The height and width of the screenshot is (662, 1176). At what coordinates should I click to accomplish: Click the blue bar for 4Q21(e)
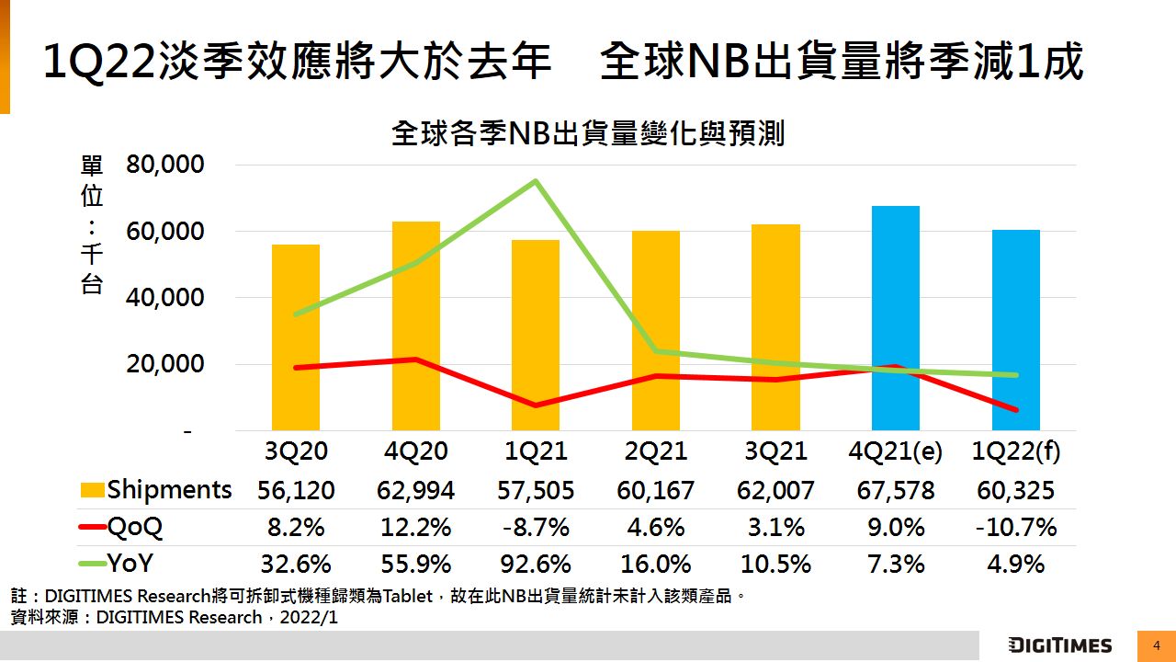coord(895,318)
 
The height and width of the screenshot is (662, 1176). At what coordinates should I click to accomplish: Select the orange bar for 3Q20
coord(296,337)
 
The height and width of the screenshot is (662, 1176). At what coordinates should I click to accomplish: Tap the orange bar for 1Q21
coord(536,336)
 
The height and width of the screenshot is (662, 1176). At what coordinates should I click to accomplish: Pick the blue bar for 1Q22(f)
coord(1015,330)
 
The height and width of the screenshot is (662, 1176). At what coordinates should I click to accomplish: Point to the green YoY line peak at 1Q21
coord(536,181)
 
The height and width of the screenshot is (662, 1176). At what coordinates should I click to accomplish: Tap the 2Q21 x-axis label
coord(656,452)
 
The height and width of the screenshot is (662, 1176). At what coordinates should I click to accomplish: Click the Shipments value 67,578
coord(896,490)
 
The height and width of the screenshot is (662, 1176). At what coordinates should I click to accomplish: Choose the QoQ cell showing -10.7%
coord(1015,528)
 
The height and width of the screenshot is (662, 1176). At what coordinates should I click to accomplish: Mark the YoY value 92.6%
coord(536,564)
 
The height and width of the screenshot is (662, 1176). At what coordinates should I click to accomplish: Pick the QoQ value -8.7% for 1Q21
coord(536,528)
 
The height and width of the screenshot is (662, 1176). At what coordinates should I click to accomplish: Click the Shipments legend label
coord(169,489)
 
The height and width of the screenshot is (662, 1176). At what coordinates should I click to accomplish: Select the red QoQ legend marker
coord(92,528)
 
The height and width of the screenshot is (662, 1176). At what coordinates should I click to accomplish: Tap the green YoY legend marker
coord(92,564)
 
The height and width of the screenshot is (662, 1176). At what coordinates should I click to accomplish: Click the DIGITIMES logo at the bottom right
coord(1060,645)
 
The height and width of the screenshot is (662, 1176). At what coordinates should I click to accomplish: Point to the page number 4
coord(1157,645)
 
